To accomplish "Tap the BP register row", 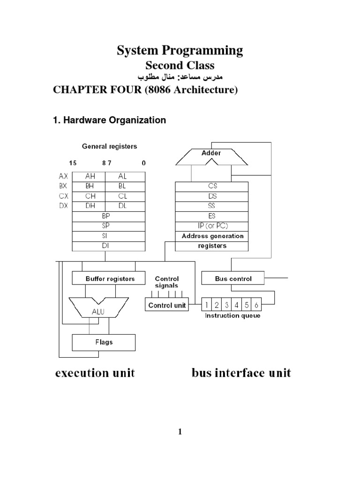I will click(x=105, y=216).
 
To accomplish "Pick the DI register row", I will click(x=105, y=246).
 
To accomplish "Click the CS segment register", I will click(x=211, y=186).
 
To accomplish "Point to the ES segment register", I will click(x=211, y=216).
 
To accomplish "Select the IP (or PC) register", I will click(x=211, y=226).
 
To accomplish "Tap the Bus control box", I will click(x=233, y=278).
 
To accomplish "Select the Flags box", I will click(x=103, y=342).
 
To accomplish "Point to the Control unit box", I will click(x=167, y=305).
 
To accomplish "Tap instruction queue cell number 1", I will click(x=207, y=305).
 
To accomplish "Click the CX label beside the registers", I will click(x=63, y=196).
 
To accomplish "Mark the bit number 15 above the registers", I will click(x=73, y=163).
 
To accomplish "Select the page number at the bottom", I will click(x=180, y=432).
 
